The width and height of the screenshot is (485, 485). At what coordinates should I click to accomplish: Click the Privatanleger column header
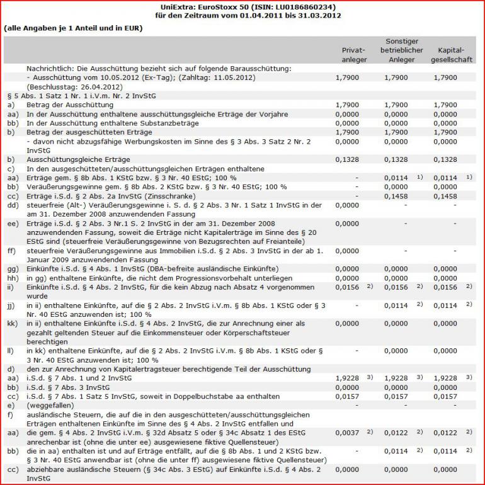tap(353, 55)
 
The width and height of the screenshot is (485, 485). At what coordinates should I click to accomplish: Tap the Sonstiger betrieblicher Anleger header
tap(401, 50)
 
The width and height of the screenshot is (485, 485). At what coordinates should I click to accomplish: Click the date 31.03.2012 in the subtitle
tap(321, 15)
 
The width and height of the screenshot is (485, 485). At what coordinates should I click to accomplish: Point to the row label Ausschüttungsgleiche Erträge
tap(75, 160)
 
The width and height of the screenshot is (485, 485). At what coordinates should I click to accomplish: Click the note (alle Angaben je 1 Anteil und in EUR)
tap(73, 29)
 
